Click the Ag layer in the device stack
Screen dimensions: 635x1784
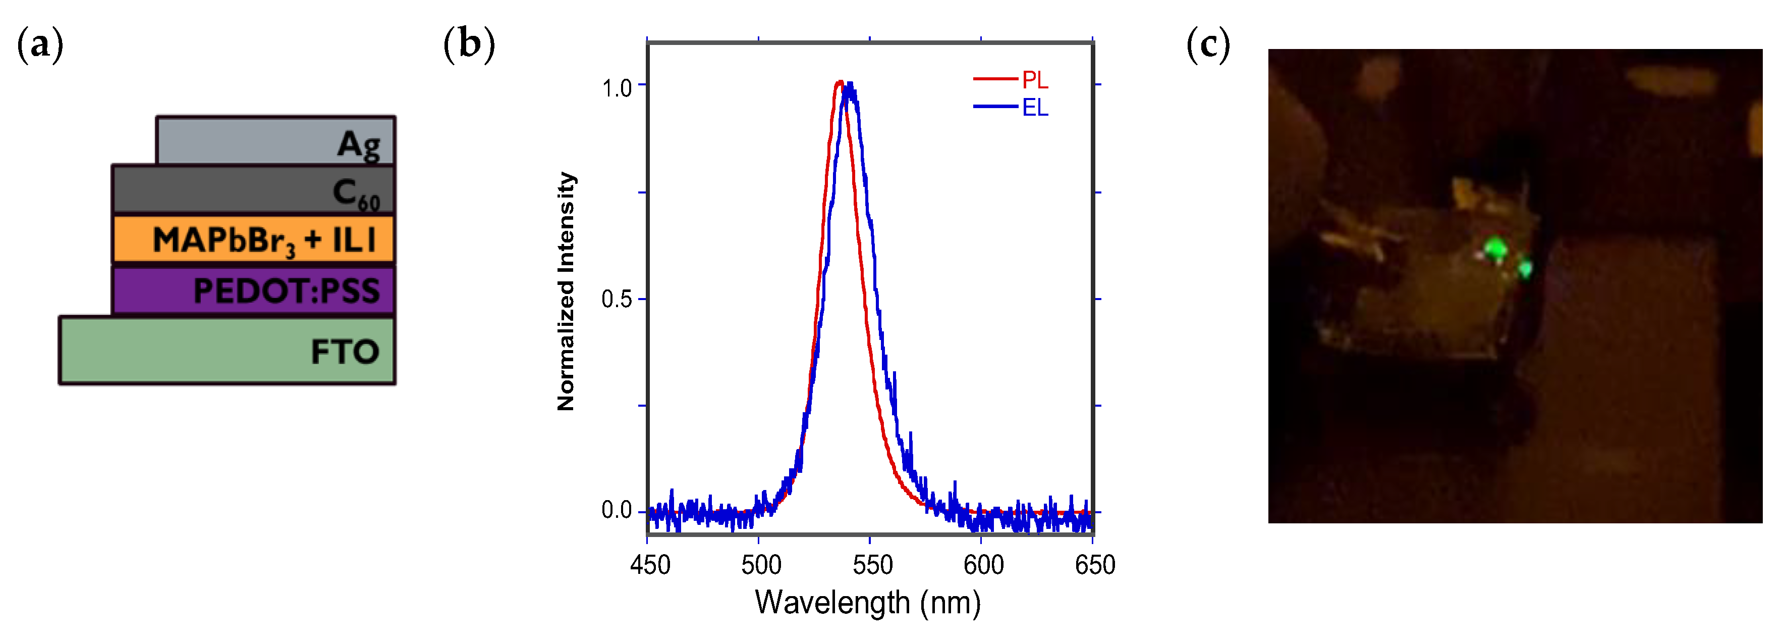275,141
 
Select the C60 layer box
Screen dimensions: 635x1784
253,189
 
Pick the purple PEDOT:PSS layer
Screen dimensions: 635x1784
253,290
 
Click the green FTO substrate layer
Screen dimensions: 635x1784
227,351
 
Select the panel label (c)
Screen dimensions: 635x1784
1208,44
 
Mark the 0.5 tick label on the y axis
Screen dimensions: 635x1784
617,300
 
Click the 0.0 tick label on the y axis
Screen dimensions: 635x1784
617,511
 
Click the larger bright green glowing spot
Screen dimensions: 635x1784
1496,248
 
